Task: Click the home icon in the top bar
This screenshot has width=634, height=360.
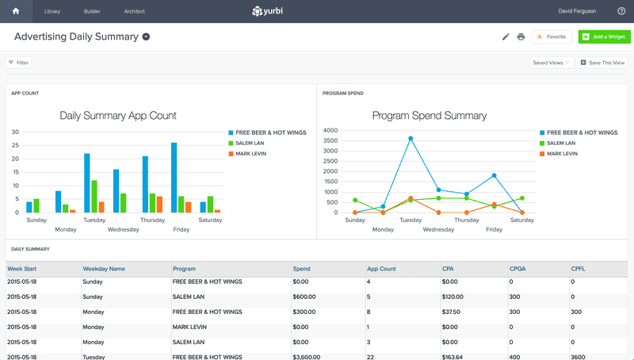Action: [16, 11]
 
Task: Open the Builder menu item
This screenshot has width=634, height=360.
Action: [93, 12]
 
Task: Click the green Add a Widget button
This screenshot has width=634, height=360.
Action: [605, 36]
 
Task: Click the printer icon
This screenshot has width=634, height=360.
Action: [521, 36]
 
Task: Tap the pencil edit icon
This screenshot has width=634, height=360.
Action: [506, 36]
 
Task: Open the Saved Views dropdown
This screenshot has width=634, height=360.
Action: [551, 62]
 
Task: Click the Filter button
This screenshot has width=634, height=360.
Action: [19, 62]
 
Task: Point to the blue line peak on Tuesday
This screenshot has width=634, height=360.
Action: [411, 138]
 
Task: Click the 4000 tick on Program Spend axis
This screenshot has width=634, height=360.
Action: [330, 130]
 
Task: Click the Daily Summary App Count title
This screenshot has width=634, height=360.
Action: [118, 116]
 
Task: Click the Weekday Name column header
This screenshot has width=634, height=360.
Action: [104, 269]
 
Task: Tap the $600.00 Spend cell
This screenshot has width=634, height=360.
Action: [305, 297]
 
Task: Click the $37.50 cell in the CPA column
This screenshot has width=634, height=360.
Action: [454, 312]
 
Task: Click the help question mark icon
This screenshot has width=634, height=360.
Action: [621, 11]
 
